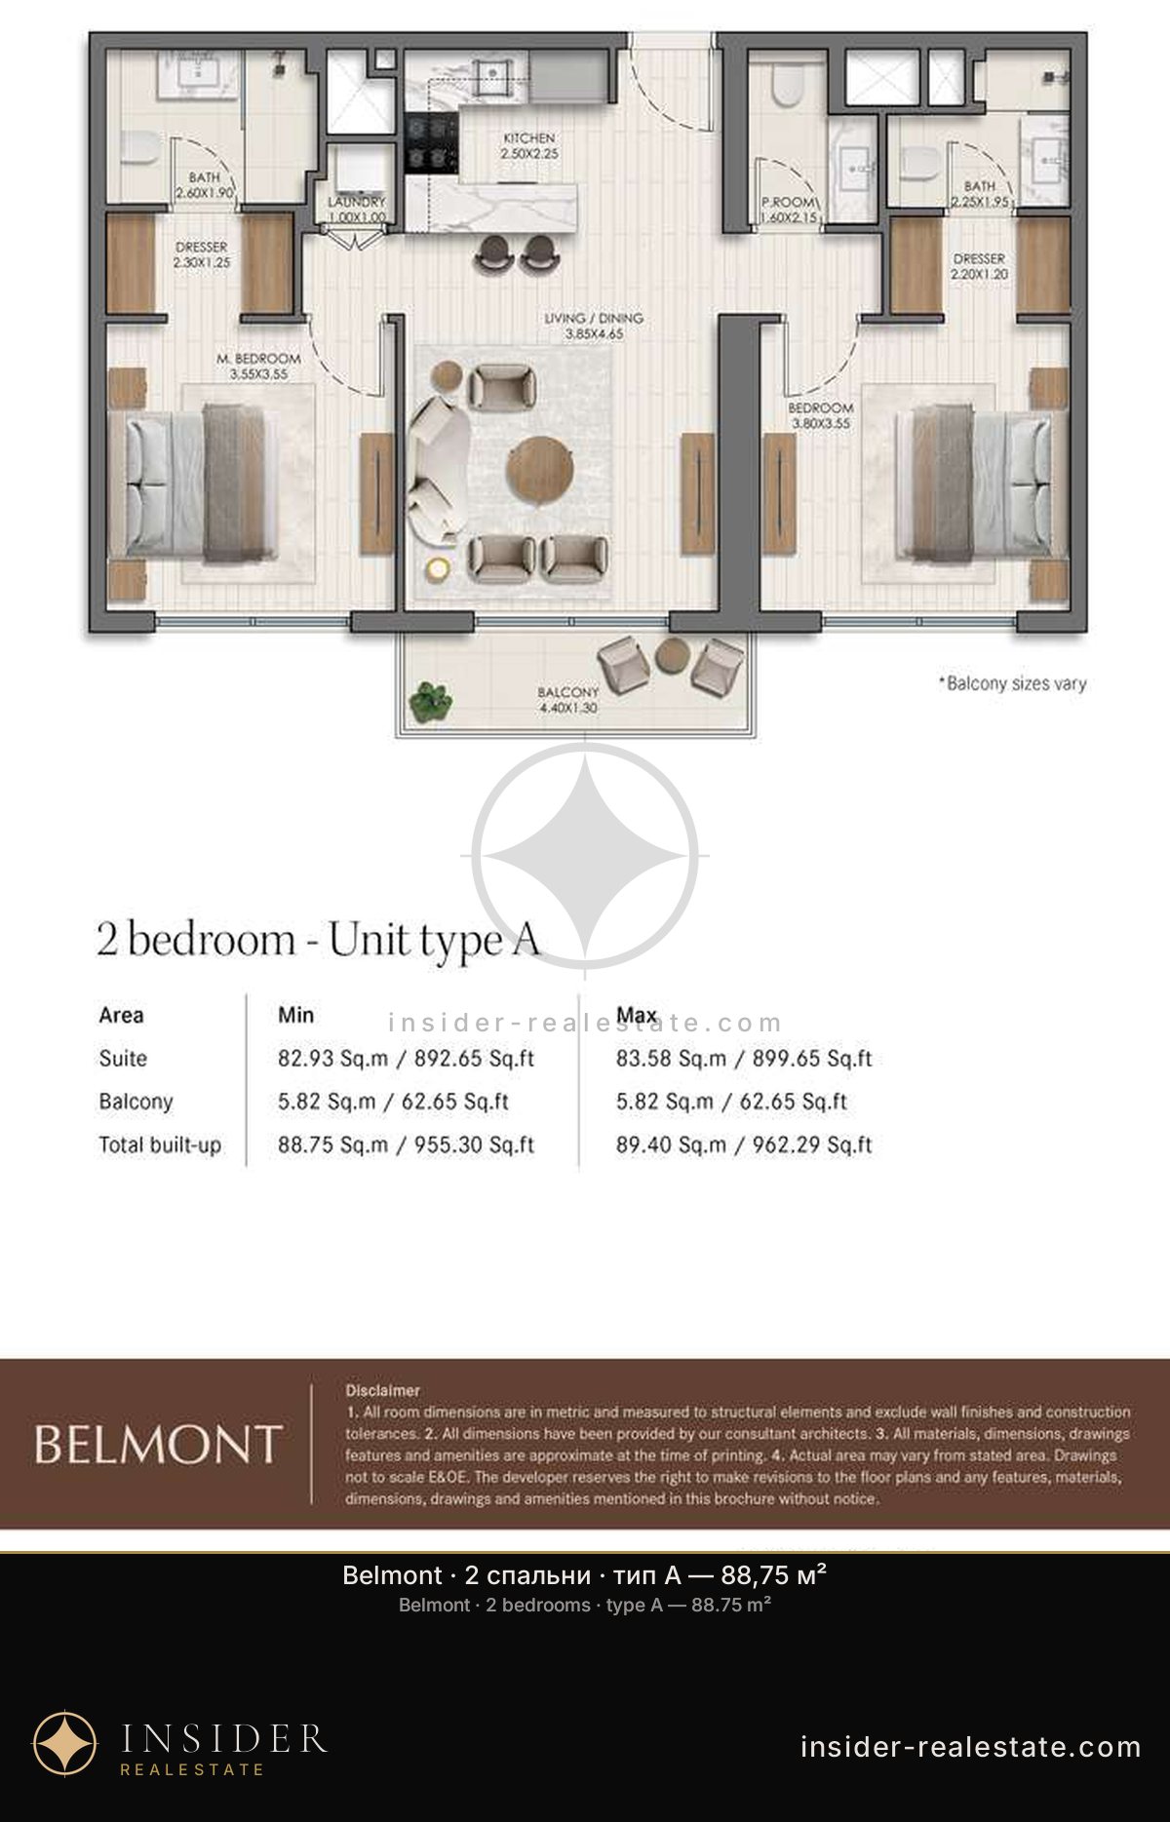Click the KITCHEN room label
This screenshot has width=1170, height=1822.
pyautogui.click(x=529, y=138)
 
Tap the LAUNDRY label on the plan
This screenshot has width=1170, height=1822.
pyautogui.click(x=357, y=202)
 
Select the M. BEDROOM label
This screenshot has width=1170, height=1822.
pyautogui.click(x=258, y=359)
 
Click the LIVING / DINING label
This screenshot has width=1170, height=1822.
pyautogui.click(x=594, y=318)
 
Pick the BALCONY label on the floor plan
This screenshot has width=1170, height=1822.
pyautogui.click(x=568, y=692)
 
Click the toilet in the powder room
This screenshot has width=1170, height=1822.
pyautogui.click(x=785, y=84)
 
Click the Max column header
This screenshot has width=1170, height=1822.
pyautogui.click(x=637, y=1015)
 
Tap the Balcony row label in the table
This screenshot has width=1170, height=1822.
pyautogui.click(x=136, y=1102)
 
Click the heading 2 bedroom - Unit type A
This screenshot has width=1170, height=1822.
pyautogui.click(x=318, y=940)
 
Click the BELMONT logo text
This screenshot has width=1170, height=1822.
pyautogui.click(x=158, y=1444)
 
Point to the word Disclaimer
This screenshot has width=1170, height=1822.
pyautogui.click(x=383, y=1390)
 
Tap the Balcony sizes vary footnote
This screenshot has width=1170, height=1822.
pyautogui.click(x=1012, y=683)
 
